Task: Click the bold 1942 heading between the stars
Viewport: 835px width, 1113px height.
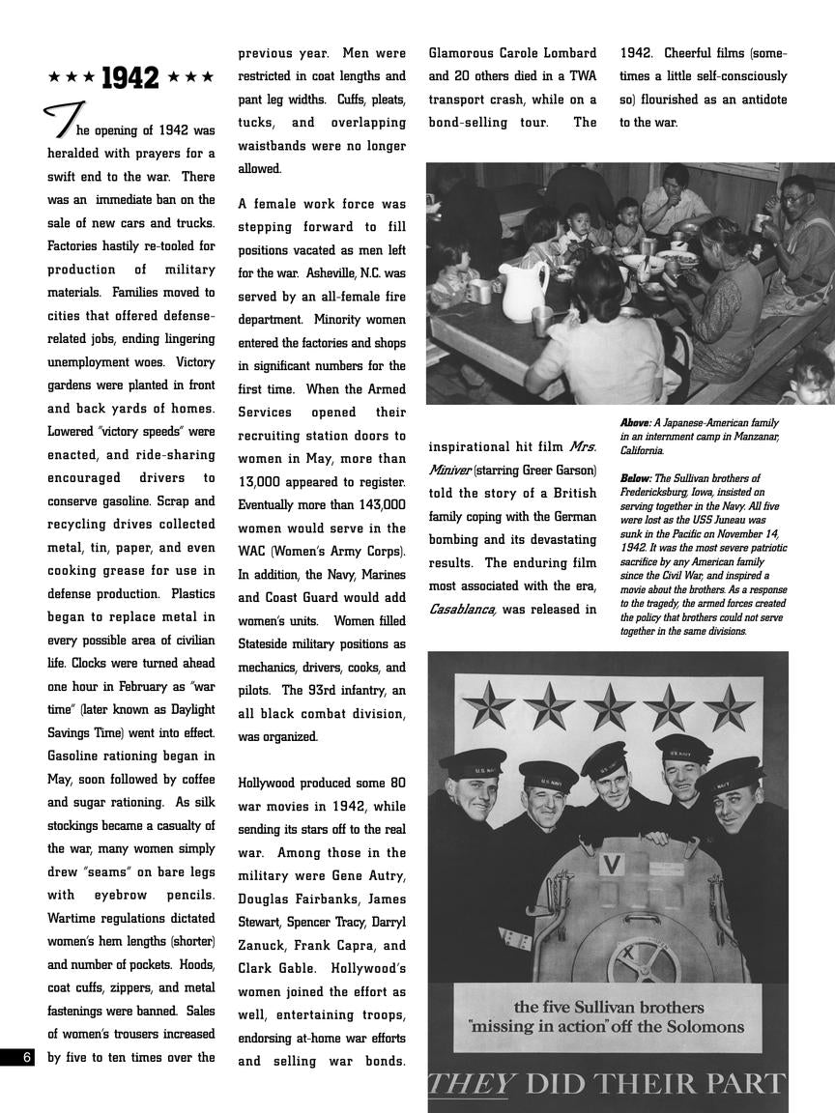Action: pos(130,78)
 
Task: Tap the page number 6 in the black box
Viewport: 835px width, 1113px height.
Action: pos(27,1057)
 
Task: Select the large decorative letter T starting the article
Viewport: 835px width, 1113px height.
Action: pos(61,120)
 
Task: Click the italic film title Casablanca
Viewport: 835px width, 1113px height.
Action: pos(462,610)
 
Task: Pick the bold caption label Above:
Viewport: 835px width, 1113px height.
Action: pos(635,423)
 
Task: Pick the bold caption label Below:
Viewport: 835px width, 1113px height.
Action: pos(635,478)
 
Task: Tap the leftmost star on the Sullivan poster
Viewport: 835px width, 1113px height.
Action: pos(487,705)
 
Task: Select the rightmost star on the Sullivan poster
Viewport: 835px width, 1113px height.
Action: pos(728,707)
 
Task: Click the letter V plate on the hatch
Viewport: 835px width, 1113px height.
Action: pos(610,863)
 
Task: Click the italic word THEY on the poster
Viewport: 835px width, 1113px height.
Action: pos(471,1084)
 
